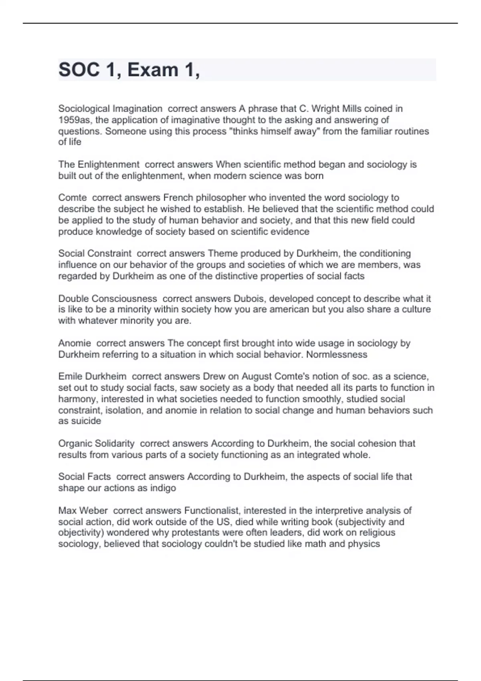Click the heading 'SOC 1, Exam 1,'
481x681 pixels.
click(x=129, y=70)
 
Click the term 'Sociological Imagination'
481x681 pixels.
click(x=110, y=109)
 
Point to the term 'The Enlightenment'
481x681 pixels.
click(x=99, y=164)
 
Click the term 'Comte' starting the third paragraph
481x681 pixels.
click(x=73, y=197)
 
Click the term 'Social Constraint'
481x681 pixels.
click(x=95, y=253)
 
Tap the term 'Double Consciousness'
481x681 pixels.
click(x=107, y=298)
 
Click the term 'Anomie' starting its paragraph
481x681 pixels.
click(x=75, y=343)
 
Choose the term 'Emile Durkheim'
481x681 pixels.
click(x=92, y=377)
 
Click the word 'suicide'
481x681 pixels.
click(x=85, y=421)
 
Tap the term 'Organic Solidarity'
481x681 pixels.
click(x=96, y=443)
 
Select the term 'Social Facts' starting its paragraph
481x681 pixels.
click(x=85, y=477)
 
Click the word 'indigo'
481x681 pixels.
click(x=163, y=488)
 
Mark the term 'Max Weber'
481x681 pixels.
click(x=83, y=510)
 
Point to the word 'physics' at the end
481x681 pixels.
click(x=364, y=544)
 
